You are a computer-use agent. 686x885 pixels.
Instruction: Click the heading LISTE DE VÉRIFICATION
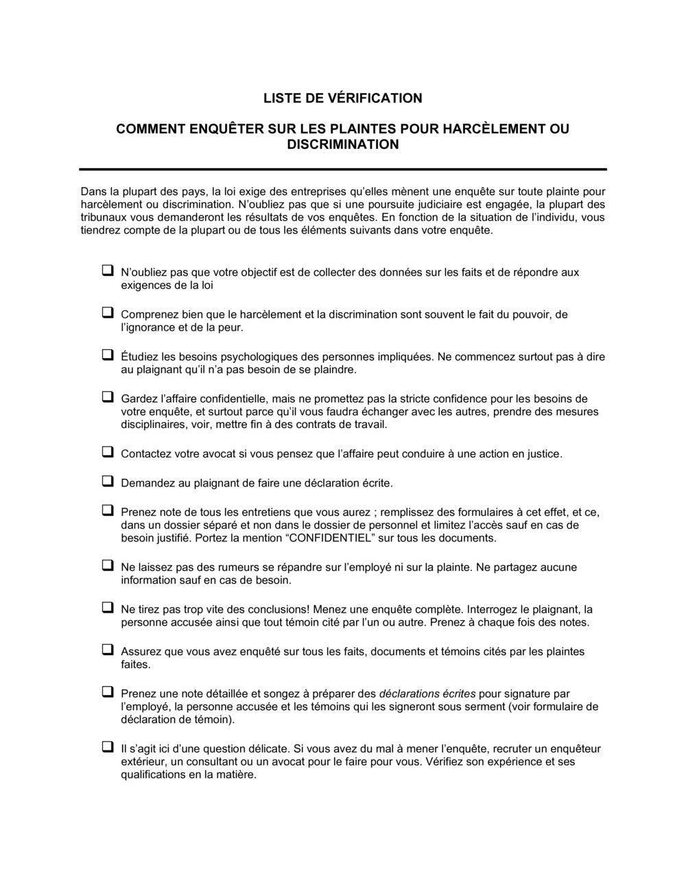click(342, 98)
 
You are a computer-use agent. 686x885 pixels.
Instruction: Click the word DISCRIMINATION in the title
click(342, 144)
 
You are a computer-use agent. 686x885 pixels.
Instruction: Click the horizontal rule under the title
click(342, 169)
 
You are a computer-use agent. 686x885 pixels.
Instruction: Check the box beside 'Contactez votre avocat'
click(108, 452)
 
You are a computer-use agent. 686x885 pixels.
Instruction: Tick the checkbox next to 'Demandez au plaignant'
click(108, 482)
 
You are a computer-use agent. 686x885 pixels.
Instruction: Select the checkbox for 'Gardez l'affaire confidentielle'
click(108, 397)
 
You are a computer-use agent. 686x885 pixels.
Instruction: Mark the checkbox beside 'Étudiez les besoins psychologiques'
click(108, 355)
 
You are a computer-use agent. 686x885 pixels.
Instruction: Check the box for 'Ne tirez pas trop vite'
click(108, 608)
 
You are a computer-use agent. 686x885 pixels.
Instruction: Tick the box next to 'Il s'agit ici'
click(108, 747)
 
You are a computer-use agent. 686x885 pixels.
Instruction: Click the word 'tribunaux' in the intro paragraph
click(104, 217)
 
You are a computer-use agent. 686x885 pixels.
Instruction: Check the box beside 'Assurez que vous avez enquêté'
click(108, 650)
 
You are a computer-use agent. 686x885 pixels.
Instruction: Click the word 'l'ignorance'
click(148, 328)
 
